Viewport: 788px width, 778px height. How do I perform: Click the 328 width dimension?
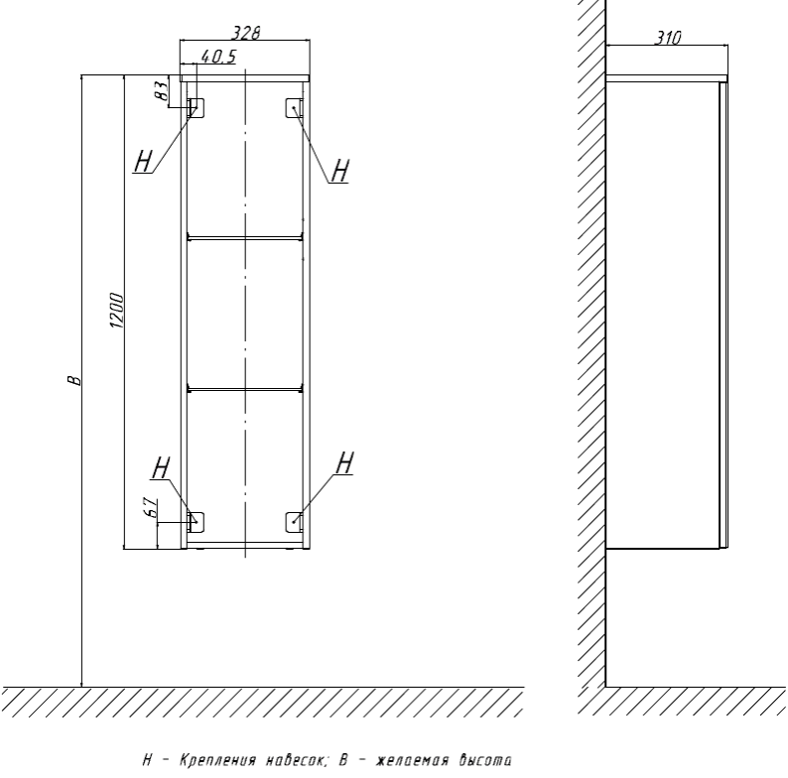(x=246, y=33)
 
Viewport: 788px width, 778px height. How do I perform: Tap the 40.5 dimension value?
(x=218, y=57)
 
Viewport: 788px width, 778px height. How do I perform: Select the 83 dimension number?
(x=161, y=90)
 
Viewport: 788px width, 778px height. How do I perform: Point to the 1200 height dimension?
(x=115, y=310)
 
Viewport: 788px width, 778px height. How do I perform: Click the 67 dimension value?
(x=151, y=508)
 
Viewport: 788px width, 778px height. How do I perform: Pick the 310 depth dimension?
(x=668, y=38)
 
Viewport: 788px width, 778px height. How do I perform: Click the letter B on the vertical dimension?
(x=73, y=380)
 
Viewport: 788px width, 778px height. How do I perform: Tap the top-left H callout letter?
(x=143, y=162)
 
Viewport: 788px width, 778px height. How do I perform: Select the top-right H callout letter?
(x=340, y=171)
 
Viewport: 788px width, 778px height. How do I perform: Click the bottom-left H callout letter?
(x=161, y=468)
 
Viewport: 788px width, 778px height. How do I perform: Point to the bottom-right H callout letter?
(x=344, y=462)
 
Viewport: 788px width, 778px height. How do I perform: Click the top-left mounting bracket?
(x=196, y=108)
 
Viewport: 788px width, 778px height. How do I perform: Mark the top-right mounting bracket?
(x=294, y=108)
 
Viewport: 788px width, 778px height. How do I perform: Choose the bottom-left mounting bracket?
(x=196, y=523)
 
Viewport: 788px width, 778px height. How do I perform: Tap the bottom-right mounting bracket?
(x=294, y=523)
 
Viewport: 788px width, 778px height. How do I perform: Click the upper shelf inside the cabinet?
(x=245, y=236)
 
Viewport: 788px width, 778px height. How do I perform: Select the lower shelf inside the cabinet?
(x=245, y=388)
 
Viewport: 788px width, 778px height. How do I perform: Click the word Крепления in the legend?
(x=218, y=760)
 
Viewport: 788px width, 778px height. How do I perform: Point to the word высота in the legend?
(x=485, y=760)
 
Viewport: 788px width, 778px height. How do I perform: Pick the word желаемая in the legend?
(x=412, y=760)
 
